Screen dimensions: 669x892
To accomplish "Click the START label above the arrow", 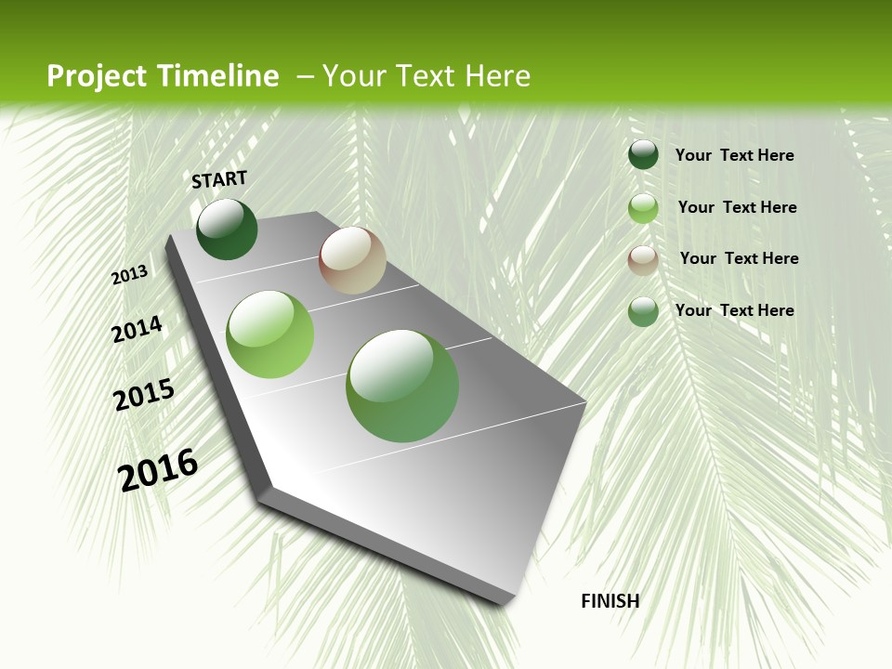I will [x=219, y=179].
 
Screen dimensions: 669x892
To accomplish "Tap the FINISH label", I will [x=610, y=601].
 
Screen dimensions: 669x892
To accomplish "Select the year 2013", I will [x=130, y=275].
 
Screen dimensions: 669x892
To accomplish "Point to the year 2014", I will [x=137, y=329].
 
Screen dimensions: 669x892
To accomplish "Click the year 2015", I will [x=144, y=395].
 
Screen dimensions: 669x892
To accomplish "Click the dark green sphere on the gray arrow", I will [x=227, y=230].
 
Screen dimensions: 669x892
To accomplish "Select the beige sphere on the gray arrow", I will [x=352, y=260].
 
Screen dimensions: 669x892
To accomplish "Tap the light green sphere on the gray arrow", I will [x=270, y=334].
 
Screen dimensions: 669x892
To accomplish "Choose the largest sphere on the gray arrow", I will [x=402, y=386].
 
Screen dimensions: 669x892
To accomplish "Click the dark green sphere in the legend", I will [x=643, y=155].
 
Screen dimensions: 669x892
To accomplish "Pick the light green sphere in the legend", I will [x=643, y=208].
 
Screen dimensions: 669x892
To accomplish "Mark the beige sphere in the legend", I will [x=643, y=260].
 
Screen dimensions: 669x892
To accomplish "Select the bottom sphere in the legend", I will [x=643, y=311].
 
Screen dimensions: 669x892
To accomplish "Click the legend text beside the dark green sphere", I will [x=734, y=156].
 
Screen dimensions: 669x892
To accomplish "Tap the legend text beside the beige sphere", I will [x=739, y=258].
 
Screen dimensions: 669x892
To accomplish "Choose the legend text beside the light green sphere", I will [x=737, y=207].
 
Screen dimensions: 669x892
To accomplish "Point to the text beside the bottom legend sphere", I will [x=734, y=310].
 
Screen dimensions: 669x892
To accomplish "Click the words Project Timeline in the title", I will [x=163, y=76].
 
